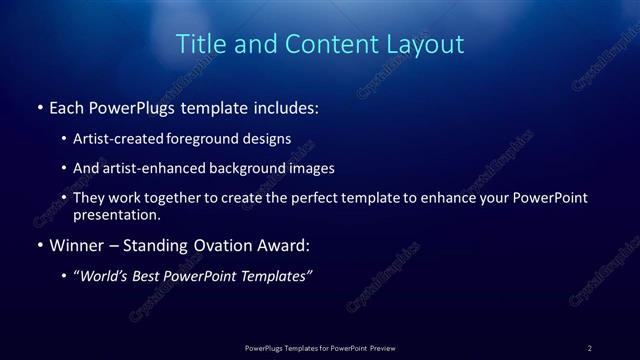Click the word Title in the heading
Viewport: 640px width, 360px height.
pyautogui.click(x=198, y=44)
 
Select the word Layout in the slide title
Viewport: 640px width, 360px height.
pyautogui.click(x=427, y=44)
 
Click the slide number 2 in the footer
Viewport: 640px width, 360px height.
pyautogui.click(x=590, y=347)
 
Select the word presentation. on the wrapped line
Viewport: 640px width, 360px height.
pyautogui.click(x=116, y=215)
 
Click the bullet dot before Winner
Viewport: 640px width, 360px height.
pyautogui.click(x=39, y=244)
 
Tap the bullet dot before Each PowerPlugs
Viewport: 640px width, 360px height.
pyautogui.click(x=39, y=106)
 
